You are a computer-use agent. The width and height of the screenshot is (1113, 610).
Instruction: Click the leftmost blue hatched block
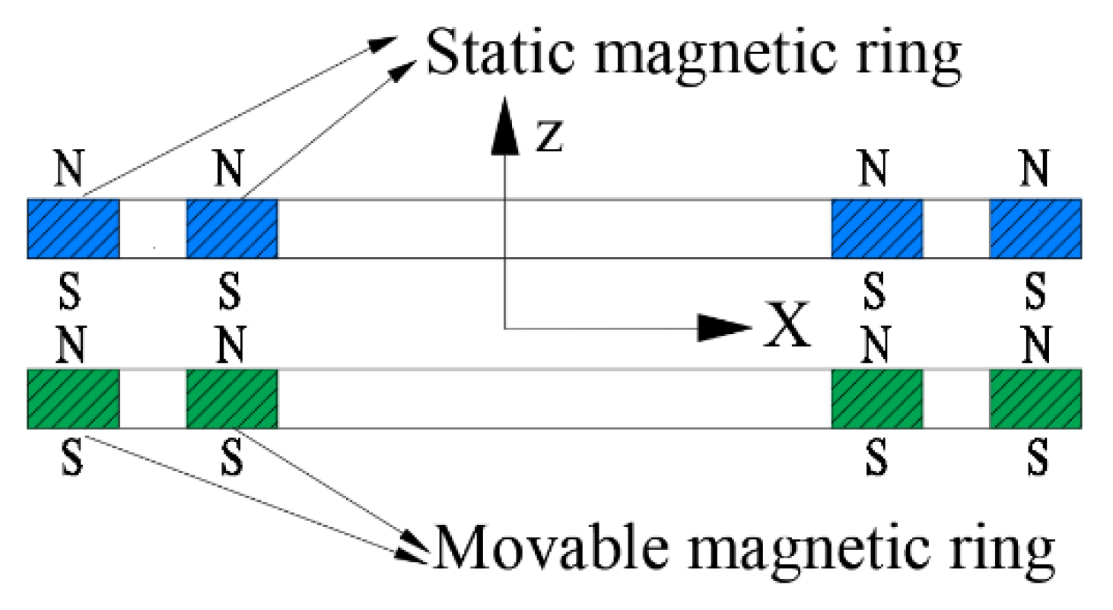(73, 228)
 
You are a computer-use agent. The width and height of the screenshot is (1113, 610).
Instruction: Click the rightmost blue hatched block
(1035, 228)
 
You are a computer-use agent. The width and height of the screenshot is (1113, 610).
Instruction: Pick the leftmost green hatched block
(73, 399)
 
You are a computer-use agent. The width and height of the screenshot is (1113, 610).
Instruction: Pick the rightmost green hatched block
(1035, 399)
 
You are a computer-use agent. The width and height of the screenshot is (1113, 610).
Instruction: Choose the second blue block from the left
(232, 228)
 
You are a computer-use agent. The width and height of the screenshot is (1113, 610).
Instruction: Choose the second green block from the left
(232, 399)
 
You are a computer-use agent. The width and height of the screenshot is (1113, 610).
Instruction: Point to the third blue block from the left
(876, 228)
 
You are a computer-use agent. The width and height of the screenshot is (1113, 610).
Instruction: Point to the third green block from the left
(876, 399)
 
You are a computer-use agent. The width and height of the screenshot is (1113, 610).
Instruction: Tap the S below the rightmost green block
(1035, 457)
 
